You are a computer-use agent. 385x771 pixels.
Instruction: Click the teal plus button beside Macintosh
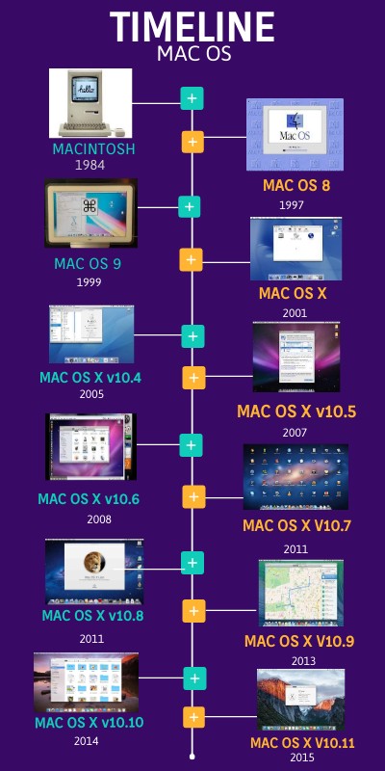[x=192, y=98]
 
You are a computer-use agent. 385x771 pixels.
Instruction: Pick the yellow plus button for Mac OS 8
[x=192, y=143]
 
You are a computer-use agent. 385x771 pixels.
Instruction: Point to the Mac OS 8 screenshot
[x=295, y=134]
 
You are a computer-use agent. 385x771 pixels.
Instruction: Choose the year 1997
[x=293, y=205]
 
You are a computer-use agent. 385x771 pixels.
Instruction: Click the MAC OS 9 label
[x=88, y=262]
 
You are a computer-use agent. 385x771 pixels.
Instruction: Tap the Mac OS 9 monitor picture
[x=90, y=212]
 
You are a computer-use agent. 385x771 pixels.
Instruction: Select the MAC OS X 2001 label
[x=293, y=293]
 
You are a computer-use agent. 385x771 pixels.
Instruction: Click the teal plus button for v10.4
[x=193, y=336]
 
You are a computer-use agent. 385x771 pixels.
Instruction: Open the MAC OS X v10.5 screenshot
[x=295, y=357]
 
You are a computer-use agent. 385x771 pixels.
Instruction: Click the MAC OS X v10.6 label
[x=89, y=498]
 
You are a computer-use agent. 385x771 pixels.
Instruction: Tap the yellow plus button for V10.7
[x=193, y=497]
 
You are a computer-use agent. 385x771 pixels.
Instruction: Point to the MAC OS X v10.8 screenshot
[x=93, y=572]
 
